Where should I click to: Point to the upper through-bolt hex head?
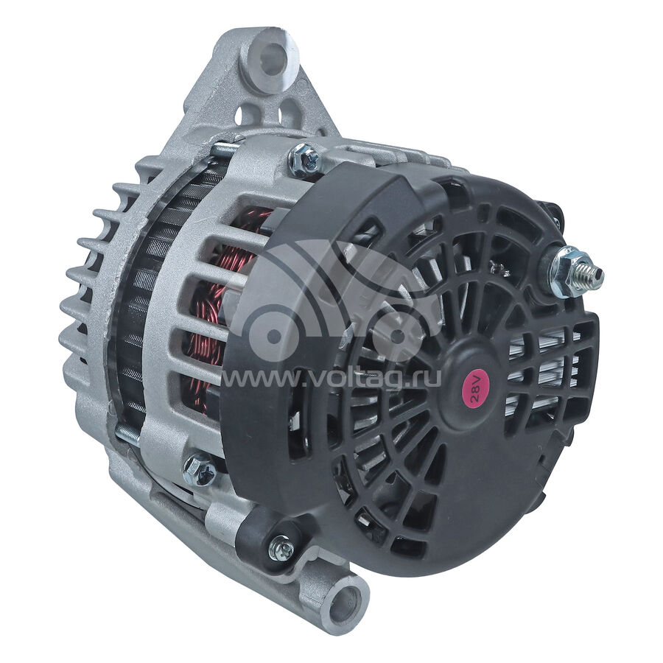[x=304, y=158]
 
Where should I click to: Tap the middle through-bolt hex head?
[x=199, y=469]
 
